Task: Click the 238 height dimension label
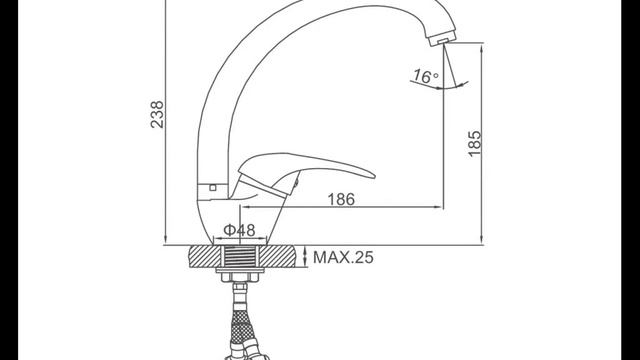tap(157, 115)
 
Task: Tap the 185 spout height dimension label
tap(474, 144)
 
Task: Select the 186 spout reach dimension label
tap(341, 199)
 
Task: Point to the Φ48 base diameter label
tap(240, 230)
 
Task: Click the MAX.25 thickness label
tap(343, 258)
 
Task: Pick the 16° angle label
tap(426, 76)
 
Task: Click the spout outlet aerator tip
tap(442, 40)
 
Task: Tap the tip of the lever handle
tap(373, 176)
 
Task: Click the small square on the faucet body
tap(213, 188)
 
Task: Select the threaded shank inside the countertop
tap(240, 257)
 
